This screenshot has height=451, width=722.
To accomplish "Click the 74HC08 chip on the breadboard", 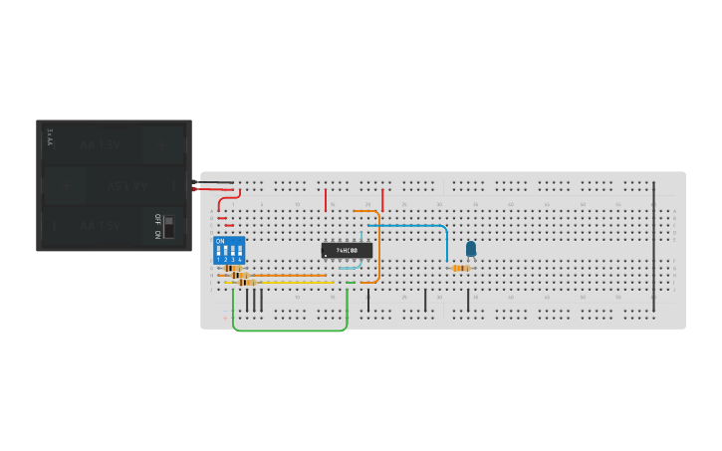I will tap(347, 250).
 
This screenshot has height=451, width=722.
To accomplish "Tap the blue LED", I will tap(471, 249).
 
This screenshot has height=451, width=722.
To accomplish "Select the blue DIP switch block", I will tap(228, 249).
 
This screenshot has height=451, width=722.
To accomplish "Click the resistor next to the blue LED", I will tap(460, 268).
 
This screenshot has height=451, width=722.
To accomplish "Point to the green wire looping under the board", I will tap(289, 330).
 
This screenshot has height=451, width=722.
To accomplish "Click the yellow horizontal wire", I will tap(289, 283).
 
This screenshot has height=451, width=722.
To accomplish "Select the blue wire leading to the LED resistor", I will tap(408, 226).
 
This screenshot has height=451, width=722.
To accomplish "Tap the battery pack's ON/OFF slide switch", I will tap(168, 227).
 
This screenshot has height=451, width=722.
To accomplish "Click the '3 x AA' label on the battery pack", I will tap(50, 136).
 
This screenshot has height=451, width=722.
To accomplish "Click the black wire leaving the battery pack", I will tap(217, 182).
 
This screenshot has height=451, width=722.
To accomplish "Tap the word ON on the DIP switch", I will tap(220, 241).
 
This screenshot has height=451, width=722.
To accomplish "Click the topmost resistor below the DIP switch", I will tap(233, 268).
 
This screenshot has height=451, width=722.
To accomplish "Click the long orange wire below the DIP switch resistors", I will tap(289, 276).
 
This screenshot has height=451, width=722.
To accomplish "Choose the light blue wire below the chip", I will tap(349, 268).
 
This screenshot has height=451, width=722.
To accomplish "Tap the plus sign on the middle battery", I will tap(67, 186).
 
